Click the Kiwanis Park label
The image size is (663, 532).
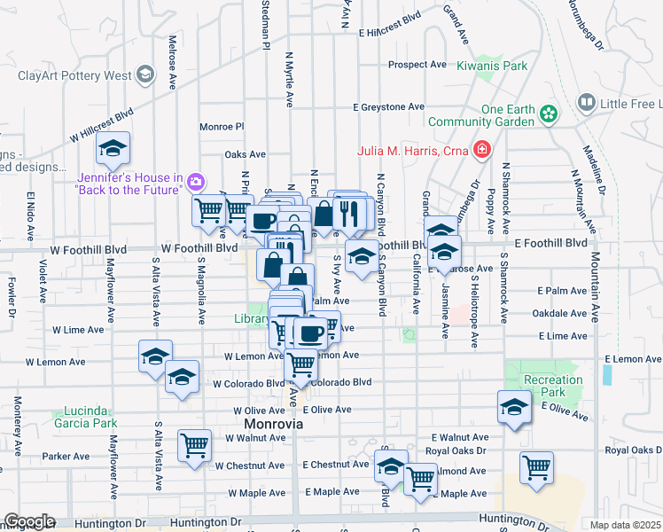[x=492, y=66]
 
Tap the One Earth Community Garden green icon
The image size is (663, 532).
[x=550, y=114]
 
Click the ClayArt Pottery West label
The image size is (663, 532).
[x=74, y=75]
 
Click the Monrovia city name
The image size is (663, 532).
[x=273, y=425]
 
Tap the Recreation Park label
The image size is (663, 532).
[x=553, y=386]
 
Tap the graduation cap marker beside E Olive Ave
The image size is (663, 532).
[x=513, y=407]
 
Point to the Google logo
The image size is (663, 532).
[x=29, y=521]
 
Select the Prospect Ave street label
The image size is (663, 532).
[x=417, y=65]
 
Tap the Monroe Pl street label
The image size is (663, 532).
[x=221, y=127]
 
